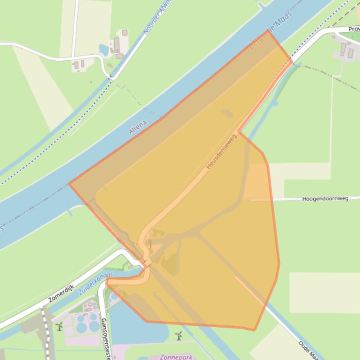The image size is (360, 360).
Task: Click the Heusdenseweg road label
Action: [221, 152]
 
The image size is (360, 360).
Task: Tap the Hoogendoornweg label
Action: [325, 199]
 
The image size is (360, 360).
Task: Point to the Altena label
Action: [138, 127]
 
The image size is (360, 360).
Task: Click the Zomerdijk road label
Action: [61, 293]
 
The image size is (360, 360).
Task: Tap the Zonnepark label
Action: [176, 357]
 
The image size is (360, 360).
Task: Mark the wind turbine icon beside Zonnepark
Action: [178, 335]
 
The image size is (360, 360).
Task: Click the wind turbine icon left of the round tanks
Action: [59, 326]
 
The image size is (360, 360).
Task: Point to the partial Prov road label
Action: [353, 29]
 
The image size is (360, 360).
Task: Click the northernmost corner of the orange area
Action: [270, 31]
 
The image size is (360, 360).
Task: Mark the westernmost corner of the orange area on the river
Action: [69, 184]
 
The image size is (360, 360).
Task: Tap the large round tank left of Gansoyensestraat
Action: [81, 327]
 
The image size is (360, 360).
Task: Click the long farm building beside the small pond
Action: [117, 45]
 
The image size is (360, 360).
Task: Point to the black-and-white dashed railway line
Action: [46, 329]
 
